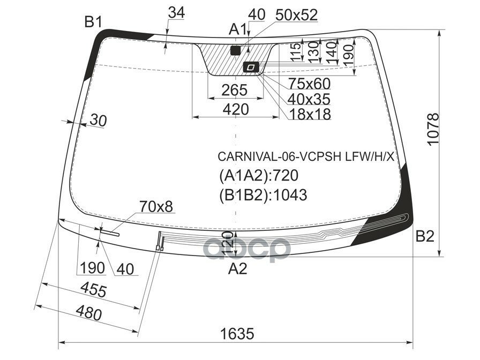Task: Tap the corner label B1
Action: (93, 22)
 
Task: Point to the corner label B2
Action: (425, 236)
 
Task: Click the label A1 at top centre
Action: (237, 30)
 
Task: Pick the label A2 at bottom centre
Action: (237, 269)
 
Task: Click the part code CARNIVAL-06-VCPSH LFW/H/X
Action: (305, 157)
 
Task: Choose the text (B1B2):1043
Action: (263, 194)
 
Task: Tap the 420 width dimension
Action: (236, 109)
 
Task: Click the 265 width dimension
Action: (235, 89)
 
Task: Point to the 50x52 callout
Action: (296, 16)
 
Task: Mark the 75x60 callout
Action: (309, 84)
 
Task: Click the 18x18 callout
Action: (309, 114)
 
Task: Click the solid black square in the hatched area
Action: (235, 51)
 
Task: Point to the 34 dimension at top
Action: (176, 13)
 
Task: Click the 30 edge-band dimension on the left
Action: (97, 121)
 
